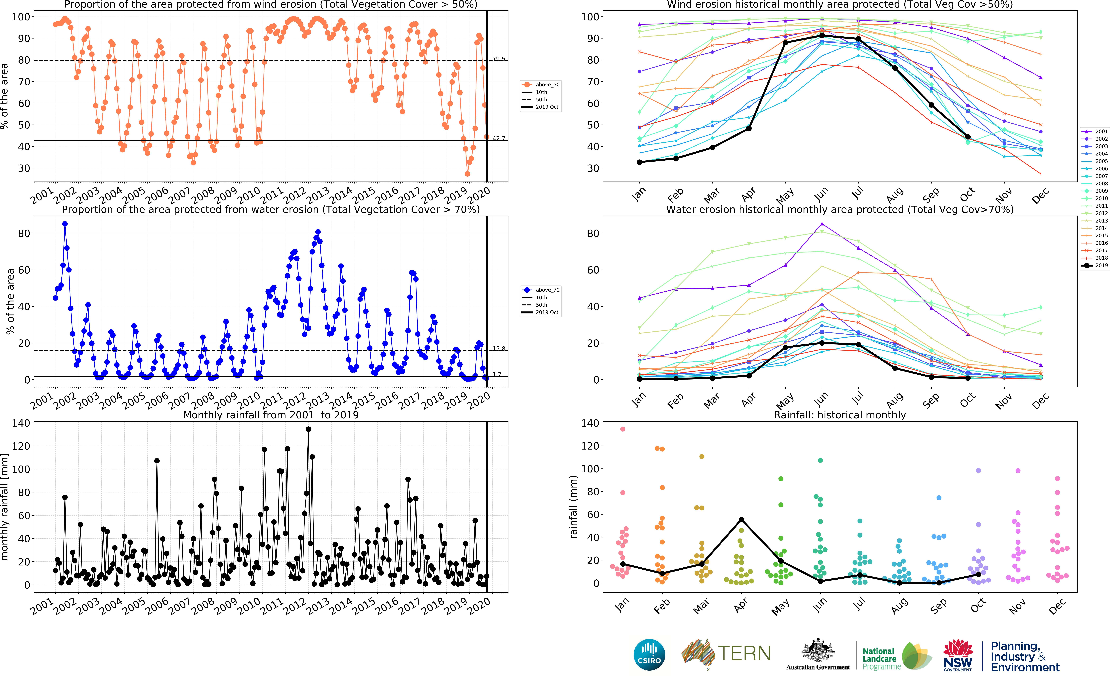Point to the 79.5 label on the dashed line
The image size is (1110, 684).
pos(499,59)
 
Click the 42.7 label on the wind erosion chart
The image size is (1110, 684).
pos(499,138)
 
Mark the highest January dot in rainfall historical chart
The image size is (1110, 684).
pos(623,429)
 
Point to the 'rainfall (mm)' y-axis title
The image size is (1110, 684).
pos(574,507)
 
